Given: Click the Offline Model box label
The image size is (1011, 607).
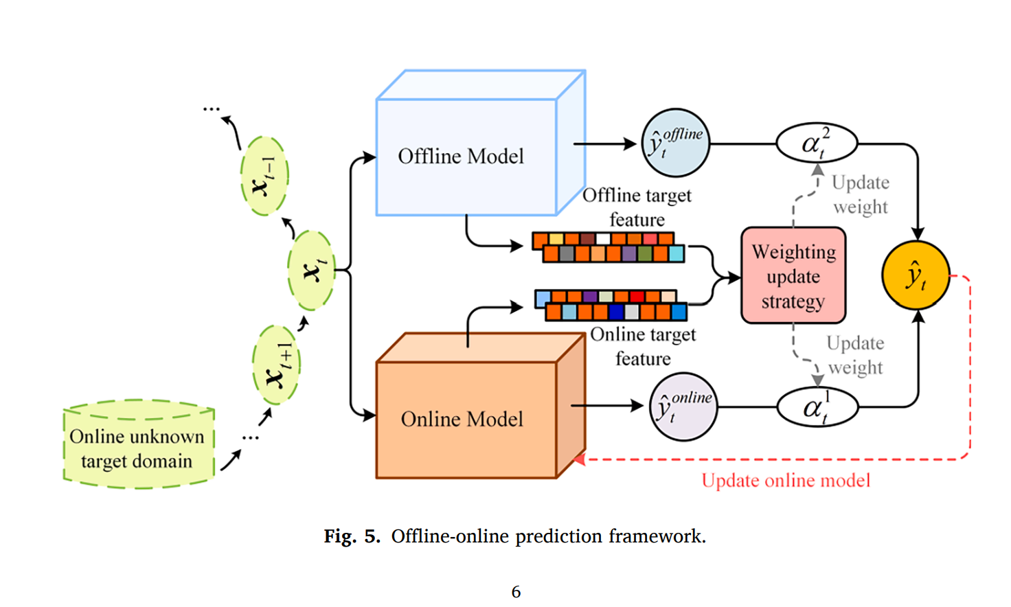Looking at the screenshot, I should point(461,157).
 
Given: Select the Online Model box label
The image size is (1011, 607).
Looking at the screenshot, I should point(462,419).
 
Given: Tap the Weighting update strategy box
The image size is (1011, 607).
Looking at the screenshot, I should point(793,276).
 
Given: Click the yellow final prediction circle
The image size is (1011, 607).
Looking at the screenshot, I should point(916,275).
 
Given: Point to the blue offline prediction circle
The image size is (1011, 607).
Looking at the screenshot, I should point(675,143).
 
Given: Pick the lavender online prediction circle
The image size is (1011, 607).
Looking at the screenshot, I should point(683,407).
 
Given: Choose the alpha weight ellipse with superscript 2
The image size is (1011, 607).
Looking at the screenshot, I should point(817,144).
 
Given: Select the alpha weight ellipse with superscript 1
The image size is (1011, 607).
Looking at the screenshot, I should point(817,408).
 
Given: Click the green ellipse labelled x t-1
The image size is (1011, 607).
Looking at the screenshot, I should point(264,176).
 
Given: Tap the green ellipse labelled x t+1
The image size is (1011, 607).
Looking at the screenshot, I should point(276,365).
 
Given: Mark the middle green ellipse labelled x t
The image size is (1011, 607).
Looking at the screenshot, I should point(311,271).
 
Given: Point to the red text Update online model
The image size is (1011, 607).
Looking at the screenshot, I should point(786,481).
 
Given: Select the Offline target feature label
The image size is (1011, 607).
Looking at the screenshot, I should point(637,207).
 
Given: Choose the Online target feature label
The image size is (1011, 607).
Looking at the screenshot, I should point(643,346).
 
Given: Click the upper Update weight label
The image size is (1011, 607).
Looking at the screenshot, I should point(861,194).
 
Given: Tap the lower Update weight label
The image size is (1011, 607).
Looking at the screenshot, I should point(855,355).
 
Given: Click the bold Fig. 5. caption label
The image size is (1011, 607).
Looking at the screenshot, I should point(352,536).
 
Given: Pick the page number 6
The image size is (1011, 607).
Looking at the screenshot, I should point(516,591).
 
